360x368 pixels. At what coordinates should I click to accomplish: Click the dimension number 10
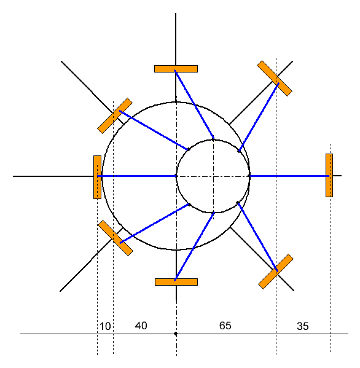(x=105, y=326)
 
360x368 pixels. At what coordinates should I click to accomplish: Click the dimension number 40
(x=141, y=326)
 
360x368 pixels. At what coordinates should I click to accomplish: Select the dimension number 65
(x=225, y=326)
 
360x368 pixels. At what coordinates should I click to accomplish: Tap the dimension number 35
(x=302, y=326)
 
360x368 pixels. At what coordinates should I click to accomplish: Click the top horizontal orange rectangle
(x=176, y=69)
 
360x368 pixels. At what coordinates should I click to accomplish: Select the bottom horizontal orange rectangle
(x=176, y=282)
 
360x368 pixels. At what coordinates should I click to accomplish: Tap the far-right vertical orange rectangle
(x=329, y=175)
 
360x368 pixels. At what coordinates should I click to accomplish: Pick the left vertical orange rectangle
(x=98, y=177)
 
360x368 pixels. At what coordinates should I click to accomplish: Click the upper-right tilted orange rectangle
(x=275, y=79)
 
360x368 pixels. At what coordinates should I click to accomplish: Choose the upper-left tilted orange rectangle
(x=115, y=115)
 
